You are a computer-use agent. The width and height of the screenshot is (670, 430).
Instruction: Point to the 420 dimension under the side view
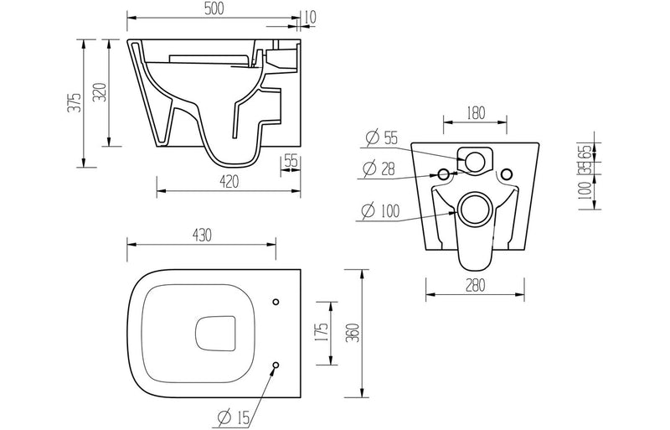coord(228,181)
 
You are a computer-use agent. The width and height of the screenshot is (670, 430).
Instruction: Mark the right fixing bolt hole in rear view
coord(506,175)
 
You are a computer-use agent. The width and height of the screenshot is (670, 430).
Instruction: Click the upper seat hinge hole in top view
coord(276,301)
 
